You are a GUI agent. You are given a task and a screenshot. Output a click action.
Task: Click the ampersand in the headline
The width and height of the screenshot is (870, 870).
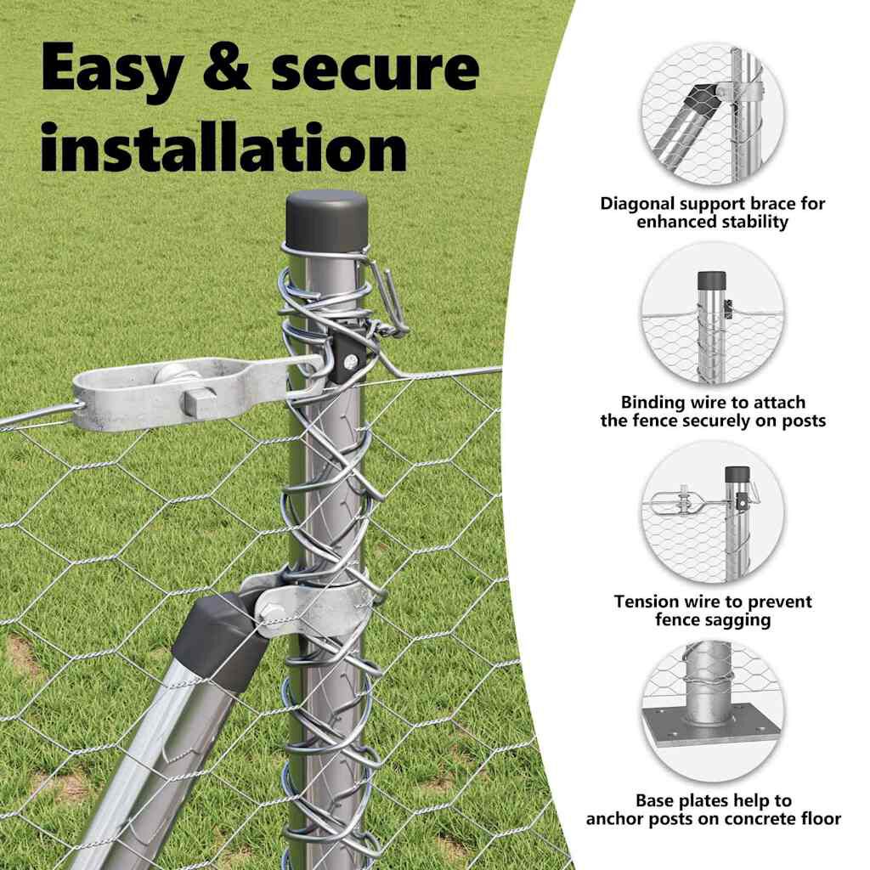click(x=226, y=68)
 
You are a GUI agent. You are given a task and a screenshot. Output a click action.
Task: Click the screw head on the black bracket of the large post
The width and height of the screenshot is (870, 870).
click(x=350, y=362)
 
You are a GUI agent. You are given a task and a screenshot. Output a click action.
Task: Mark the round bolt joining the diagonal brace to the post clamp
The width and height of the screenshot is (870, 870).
click(x=270, y=612)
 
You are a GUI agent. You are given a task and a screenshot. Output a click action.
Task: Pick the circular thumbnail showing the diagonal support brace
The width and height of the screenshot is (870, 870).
click(x=713, y=115)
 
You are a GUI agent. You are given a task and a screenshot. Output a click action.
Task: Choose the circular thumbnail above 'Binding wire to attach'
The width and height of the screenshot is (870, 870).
click(x=713, y=314)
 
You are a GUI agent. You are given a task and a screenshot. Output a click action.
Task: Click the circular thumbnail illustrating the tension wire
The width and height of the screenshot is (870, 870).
click(x=713, y=512)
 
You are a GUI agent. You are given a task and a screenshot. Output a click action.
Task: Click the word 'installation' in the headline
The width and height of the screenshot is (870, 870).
click(x=224, y=147)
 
